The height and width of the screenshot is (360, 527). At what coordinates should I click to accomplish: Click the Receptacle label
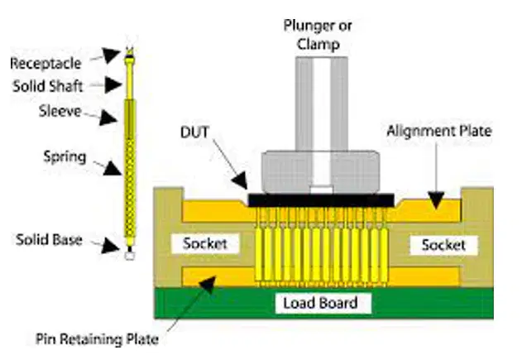[46, 64]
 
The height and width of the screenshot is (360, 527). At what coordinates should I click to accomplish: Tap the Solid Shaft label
[48, 86]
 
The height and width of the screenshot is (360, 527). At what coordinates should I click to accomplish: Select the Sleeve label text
[60, 111]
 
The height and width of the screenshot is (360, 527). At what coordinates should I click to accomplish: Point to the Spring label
[65, 157]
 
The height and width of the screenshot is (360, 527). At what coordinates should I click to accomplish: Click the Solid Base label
[49, 240]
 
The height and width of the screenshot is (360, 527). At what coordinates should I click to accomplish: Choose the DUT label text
[195, 132]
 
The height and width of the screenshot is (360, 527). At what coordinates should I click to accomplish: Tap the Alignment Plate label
[439, 131]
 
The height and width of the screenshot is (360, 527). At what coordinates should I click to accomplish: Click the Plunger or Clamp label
[318, 35]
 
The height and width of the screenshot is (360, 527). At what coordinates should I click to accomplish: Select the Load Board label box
[323, 303]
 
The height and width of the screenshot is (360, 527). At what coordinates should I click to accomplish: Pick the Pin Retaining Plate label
[97, 338]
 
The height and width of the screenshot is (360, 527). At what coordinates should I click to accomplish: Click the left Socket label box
[205, 243]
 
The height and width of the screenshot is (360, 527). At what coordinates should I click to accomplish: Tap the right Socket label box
[443, 245]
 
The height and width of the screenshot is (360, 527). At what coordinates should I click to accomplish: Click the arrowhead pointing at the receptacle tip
[112, 55]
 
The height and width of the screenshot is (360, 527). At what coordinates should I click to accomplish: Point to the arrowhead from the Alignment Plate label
[436, 199]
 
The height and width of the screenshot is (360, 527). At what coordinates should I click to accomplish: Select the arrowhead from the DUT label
[241, 180]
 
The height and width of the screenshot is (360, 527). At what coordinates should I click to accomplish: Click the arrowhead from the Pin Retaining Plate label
[208, 286]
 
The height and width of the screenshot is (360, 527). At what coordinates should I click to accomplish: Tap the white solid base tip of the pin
[130, 255]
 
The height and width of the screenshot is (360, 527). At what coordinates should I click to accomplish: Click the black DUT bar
[321, 200]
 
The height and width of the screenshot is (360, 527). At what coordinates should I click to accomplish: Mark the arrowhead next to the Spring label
[113, 168]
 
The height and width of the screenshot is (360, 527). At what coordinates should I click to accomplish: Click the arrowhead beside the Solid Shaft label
[113, 84]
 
